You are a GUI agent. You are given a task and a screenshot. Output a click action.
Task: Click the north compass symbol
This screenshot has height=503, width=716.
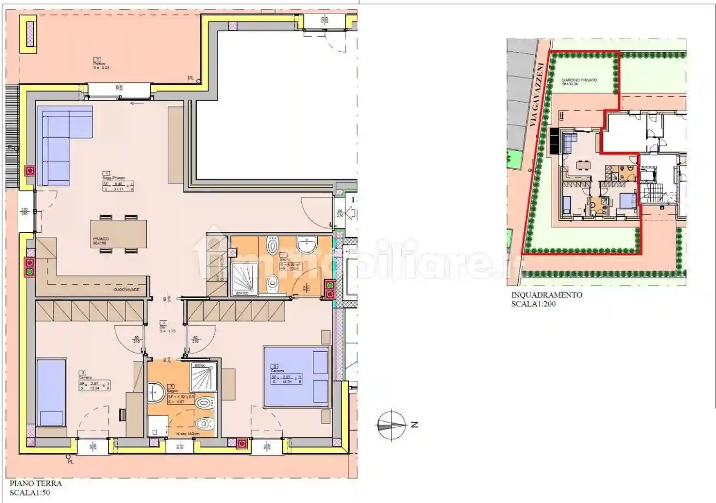pyautogui.click(x=392, y=425)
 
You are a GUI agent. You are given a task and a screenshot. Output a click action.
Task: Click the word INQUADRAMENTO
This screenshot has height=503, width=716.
pyautogui.click(x=546, y=295)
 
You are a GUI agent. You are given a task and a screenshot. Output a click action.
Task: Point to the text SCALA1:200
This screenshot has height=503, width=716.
pyautogui.click(x=533, y=304)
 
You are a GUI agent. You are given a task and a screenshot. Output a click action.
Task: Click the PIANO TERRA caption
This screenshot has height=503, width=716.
pyautogui.click(x=35, y=483)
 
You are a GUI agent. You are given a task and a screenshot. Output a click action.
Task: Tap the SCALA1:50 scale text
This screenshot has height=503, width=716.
pyautogui.click(x=30, y=492)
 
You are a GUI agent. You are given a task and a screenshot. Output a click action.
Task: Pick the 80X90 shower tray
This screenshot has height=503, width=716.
pyautogui.click(x=204, y=377)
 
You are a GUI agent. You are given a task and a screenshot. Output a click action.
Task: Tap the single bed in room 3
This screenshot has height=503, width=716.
pyautogui.click(x=51, y=392)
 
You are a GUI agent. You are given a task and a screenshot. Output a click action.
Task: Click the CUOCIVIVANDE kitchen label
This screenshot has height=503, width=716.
pyautogui.click(x=126, y=290)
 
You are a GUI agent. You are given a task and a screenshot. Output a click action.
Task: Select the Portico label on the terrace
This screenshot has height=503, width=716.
pyautogui.click(x=100, y=64)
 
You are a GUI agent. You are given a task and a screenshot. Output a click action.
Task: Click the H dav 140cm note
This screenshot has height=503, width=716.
pyautogui.click(x=186, y=434)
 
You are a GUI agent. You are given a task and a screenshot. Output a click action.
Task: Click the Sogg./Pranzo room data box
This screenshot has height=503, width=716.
pyautogui.click(x=118, y=186)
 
